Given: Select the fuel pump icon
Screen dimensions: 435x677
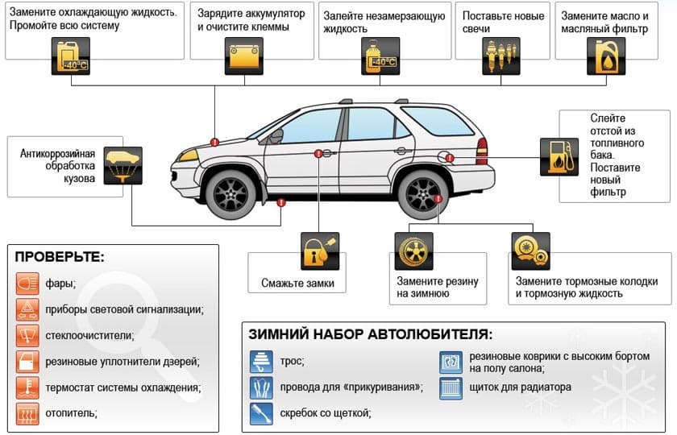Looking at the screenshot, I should pyautogui.click(x=559, y=156).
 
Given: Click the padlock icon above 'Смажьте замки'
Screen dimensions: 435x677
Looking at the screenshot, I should pyautogui.click(x=319, y=252).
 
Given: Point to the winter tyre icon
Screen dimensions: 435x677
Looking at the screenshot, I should pyautogui.click(x=413, y=251).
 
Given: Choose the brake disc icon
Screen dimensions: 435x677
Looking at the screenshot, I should pyautogui.click(x=530, y=251).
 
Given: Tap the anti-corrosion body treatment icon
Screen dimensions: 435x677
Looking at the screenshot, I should pyautogui.click(x=123, y=165).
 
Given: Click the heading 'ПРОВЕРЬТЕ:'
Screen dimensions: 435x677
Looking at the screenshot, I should pyautogui.click(x=60, y=258).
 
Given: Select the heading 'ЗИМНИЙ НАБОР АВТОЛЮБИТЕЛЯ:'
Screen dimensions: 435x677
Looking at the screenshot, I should pyautogui.click(x=370, y=334).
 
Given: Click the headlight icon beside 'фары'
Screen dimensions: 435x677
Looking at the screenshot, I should pyautogui.click(x=27, y=283).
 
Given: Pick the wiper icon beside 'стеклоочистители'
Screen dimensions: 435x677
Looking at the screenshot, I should pyautogui.click(x=27, y=334).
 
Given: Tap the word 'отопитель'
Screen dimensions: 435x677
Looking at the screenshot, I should pyautogui.click(x=73, y=412).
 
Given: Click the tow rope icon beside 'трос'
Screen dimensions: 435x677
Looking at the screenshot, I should pyautogui.click(x=261, y=361).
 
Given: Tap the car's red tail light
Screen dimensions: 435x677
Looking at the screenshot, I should pyautogui.click(x=482, y=149).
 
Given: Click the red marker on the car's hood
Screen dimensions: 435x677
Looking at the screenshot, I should pyautogui.click(x=214, y=142).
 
